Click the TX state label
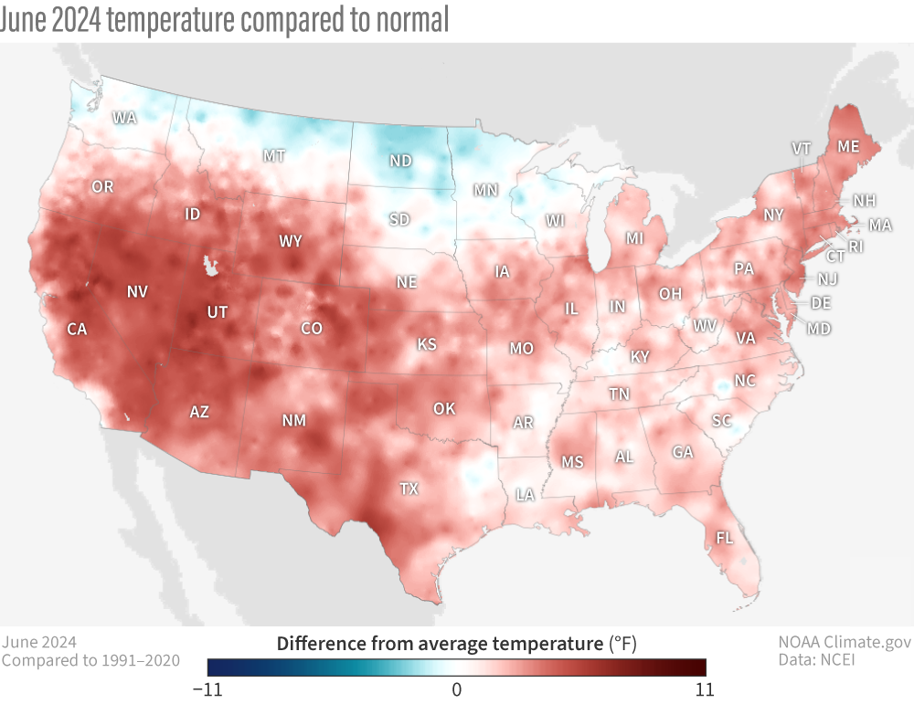tap(409, 489)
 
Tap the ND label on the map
tap(400, 161)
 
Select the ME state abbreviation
tap(848, 146)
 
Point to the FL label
tap(724, 538)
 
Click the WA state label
tap(124, 118)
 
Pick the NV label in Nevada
tap(137, 291)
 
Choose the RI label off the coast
tap(855, 247)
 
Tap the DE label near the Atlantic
tap(821, 302)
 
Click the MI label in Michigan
tap(635, 238)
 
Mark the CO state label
tap(312, 328)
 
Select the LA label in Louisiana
tap(525, 495)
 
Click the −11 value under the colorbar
tap(207, 688)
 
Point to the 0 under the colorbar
tap(456, 688)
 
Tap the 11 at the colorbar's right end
tap(705, 688)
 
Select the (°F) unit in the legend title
tap(622, 644)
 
